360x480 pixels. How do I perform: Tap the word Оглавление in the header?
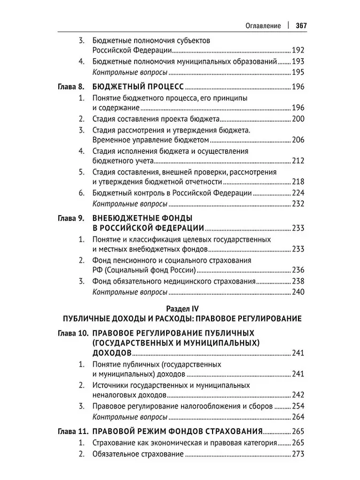point(263,25)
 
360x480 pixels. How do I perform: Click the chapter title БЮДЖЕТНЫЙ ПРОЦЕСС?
point(138,86)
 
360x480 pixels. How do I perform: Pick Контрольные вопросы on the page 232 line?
point(130,203)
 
